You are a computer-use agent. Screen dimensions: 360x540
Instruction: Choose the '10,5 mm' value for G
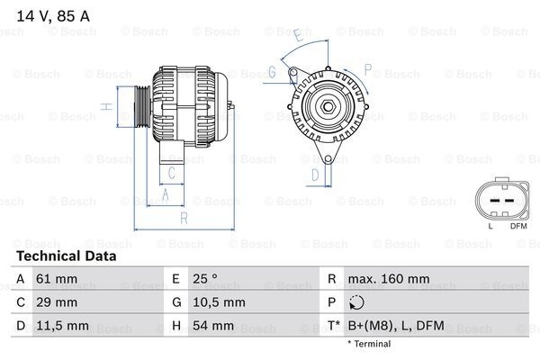[x=220, y=302]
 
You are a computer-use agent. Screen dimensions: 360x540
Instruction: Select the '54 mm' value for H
[x=215, y=325]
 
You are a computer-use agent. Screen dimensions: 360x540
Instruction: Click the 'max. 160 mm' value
[x=388, y=280]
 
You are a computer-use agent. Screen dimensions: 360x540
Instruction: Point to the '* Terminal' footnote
[x=371, y=345]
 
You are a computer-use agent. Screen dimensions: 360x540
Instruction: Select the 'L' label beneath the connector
[x=490, y=225]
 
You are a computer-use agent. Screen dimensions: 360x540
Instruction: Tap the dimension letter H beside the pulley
[x=106, y=107]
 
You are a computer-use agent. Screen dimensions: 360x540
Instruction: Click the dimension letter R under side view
[x=183, y=219]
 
